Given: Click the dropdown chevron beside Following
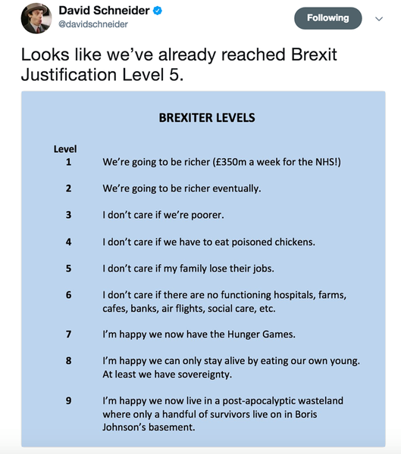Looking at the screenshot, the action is coord(380,20).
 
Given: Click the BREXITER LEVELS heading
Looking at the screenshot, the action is coord(206,118).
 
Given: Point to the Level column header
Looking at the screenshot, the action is coord(65,149).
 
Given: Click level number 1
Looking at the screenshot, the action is coord(68,161).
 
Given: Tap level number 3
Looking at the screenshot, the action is coord(68,214).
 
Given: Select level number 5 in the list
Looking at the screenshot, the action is coord(68,268).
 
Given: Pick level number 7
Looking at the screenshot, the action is coord(68,334).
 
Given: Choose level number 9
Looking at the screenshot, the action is coord(68,400).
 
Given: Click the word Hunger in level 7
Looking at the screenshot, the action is coord(223,334).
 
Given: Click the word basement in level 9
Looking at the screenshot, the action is coord(172,427).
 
